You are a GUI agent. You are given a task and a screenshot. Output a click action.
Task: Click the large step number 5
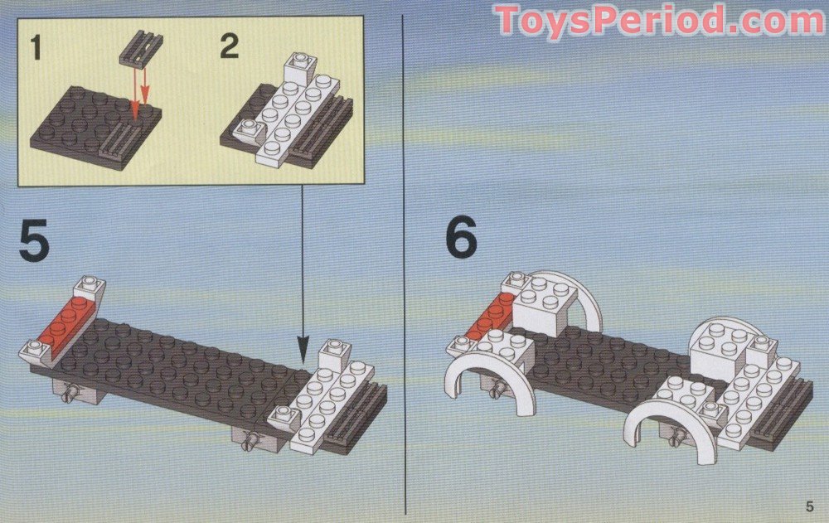coord(34,241)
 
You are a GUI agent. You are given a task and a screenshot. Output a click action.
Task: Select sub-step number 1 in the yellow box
coord(36,46)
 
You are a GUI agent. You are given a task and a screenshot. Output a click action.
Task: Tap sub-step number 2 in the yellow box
coord(230,46)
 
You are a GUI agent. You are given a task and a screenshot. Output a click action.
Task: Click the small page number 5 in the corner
coord(809,506)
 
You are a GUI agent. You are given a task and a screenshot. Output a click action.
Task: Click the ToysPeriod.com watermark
coord(660,20)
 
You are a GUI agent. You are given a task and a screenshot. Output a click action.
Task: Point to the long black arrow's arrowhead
coord(303,351)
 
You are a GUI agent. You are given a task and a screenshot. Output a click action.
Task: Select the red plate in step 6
coord(492,316)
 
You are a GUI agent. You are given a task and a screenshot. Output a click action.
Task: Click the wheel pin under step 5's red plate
coord(70,394)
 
